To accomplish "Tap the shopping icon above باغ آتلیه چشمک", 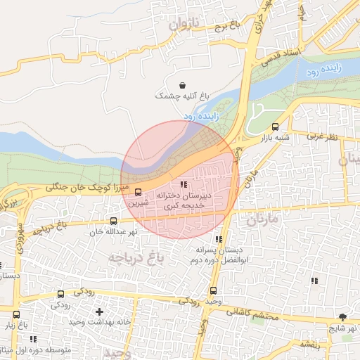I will pyautogui.click(x=184, y=83).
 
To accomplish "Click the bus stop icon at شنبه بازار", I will pyautogui.click(x=275, y=127).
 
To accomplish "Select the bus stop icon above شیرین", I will pyautogui.click(x=138, y=191).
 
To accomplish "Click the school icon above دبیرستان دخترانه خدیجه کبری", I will pyautogui.click(x=184, y=184).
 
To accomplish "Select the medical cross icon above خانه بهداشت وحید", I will pyautogui.click(x=99, y=311).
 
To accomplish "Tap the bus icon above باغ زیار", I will pyautogui.click(x=16, y=314).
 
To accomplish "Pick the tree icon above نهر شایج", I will pyautogui.click(x=342, y=318).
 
